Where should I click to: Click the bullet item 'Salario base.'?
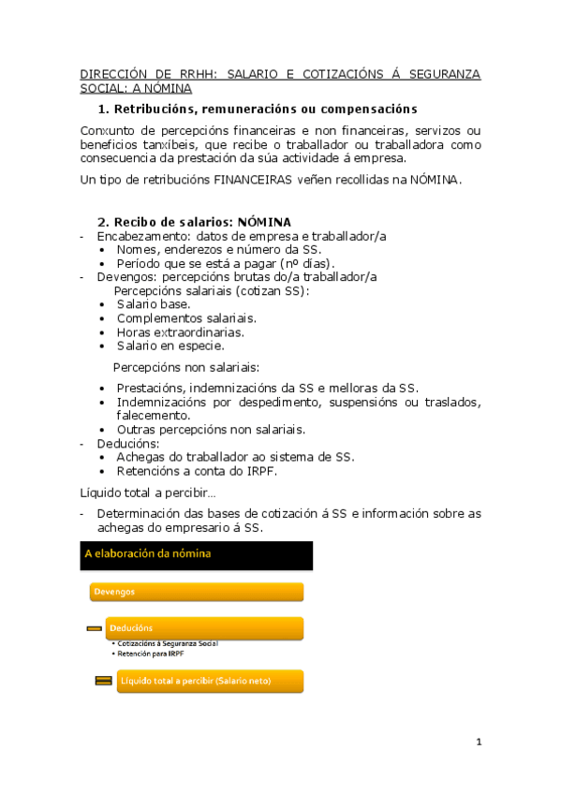154,304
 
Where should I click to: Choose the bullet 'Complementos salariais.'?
186,318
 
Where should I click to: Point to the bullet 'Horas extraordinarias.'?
181,332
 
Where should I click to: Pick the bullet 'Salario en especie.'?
170,346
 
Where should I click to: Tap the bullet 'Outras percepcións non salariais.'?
211,430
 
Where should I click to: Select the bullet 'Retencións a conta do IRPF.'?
197,471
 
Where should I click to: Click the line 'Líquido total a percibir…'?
148,493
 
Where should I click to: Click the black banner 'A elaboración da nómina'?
197,554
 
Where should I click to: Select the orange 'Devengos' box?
197,592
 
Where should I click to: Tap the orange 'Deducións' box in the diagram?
204,627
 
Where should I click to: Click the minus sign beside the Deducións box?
94,628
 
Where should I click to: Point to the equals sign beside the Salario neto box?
103,681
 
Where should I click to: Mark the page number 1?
479,743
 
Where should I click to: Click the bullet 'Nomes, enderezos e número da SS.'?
219,250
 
